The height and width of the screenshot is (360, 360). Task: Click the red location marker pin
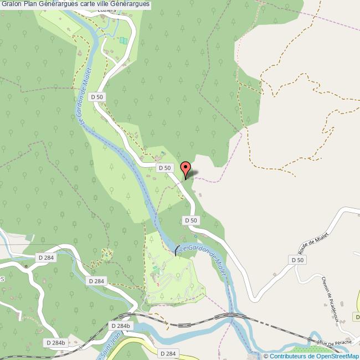(186, 168)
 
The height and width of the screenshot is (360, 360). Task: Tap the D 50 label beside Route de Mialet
(297, 260)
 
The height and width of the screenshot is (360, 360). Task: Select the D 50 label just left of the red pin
(164, 167)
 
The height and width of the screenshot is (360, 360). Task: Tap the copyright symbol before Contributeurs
(266, 356)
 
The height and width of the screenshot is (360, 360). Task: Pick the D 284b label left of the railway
(55, 343)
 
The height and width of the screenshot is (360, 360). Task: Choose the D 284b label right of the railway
(120, 326)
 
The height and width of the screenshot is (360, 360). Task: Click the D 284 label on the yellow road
(167, 353)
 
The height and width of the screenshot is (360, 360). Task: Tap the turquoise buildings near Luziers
(123, 40)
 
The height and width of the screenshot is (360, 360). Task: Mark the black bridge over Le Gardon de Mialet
(177, 250)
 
